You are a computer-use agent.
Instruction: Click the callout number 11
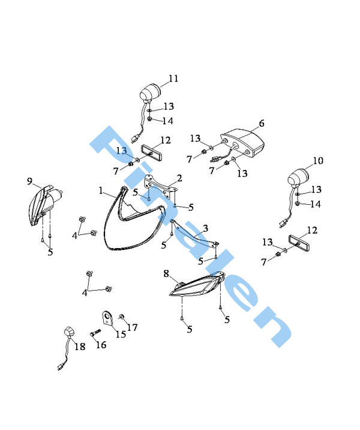[173, 79]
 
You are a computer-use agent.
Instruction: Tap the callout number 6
[262, 123]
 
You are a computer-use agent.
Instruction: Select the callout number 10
[318, 160]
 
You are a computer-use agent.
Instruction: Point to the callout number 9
[29, 181]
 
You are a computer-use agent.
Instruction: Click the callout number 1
[101, 190]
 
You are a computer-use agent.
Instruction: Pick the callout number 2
[179, 178]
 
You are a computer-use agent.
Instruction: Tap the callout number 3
[205, 228]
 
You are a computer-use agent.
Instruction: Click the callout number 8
[166, 273]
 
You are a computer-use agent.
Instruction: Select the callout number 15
[121, 334]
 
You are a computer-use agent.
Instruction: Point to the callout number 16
[101, 345]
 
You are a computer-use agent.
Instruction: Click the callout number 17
[132, 327]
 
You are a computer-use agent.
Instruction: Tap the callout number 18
[80, 347]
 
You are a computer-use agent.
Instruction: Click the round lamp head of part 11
[150, 92]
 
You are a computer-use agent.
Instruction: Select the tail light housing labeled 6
[242, 143]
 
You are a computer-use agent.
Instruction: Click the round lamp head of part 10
[298, 177]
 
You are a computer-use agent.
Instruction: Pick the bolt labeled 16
[95, 333]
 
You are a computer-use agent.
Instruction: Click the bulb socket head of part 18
[70, 332]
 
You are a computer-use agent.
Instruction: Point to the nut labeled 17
[121, 317]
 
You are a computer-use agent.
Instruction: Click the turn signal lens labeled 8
[197, 284]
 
